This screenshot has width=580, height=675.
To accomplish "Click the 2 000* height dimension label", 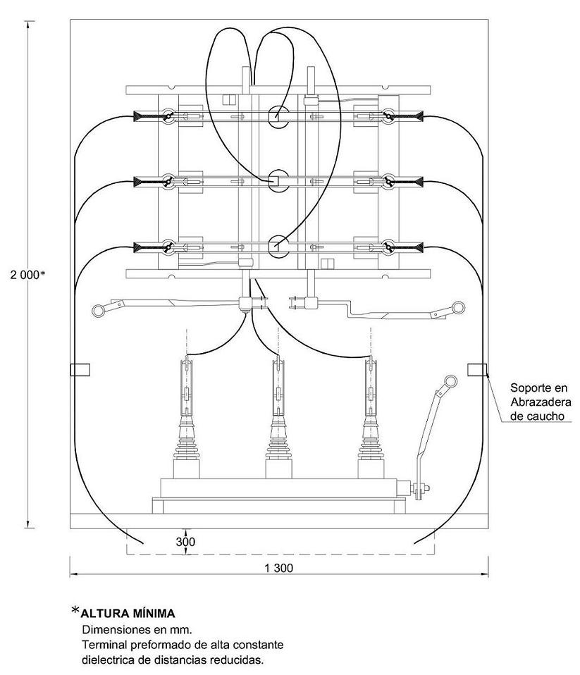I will pyautogui.click(x=27, y=275).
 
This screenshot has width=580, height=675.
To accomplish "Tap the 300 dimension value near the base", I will pyautogui.click(x=185, y=542).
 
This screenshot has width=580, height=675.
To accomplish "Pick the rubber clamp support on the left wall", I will pyautogui.click(x=80, y=369).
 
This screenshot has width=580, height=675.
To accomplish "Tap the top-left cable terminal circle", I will pyautogui.click(x=168, y=116).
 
